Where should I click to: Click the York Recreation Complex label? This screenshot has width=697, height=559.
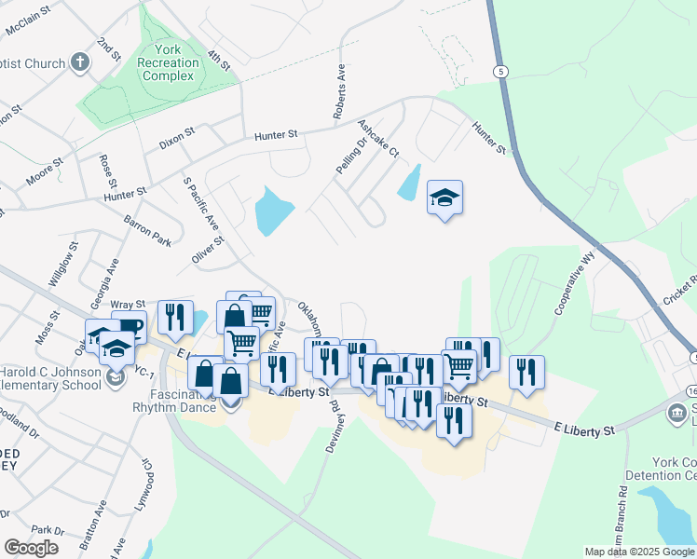pyautogui.click(x=170, y=63)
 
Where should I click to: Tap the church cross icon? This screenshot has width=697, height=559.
pyautogui.click(x=80, y=63)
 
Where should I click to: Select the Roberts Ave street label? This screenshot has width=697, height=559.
pyautogui.click(x=339, y=91)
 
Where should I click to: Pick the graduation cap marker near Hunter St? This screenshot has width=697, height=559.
pyautogui.click(x=445, y=198)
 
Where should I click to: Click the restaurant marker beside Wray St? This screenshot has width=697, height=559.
pyautogui.click(x=175, y=318)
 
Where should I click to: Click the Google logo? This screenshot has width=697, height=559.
pyautogui.click(x=32, y=548)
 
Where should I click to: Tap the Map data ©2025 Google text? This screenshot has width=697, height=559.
pyautogui.click(x=639, y=552)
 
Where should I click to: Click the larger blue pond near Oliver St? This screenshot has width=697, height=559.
pyautogui.click(x=273, y=211)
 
